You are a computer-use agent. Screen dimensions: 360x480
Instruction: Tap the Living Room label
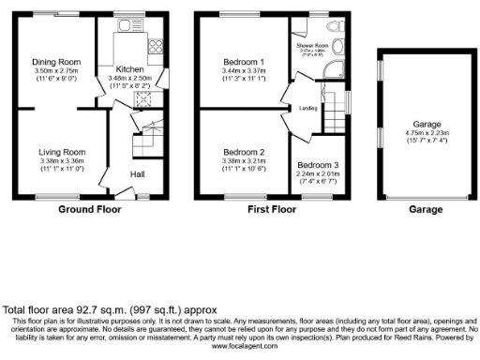point(62,152)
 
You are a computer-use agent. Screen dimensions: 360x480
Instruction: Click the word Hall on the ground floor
point(137,173)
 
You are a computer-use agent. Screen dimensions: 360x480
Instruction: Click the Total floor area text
point(111,308)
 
